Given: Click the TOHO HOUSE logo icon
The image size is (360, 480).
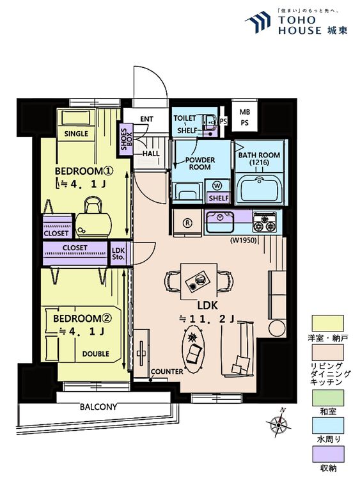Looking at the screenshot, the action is tap(258, 22).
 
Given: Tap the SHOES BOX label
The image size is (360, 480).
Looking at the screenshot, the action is tap(126, 139).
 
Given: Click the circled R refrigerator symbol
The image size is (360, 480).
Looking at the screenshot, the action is tap(187, 223).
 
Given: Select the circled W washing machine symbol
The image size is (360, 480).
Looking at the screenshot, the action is tap(217, 186).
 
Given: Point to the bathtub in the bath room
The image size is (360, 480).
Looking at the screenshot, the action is tap(260, 190).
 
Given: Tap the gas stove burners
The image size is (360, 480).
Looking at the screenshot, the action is tap(264, 222).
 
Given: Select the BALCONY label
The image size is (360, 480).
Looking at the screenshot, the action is tap(98, 407).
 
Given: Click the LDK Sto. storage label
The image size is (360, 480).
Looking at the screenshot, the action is tap(118, 254).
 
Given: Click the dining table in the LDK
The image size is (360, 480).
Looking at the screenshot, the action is tap(198, 282).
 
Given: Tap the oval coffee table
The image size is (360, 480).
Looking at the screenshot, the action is tap(194, 348).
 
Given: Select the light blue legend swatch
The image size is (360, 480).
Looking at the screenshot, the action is tap(327, 426).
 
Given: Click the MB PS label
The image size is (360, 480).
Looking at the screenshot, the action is tap(244, 117).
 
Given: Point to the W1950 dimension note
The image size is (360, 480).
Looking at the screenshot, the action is tap(243, 240).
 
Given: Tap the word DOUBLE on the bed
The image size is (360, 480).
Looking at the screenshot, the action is tap(95, 354).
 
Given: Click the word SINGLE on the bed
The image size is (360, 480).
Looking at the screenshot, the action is tap(76, 134).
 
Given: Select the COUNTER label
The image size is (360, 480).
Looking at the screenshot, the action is tap(167, 372).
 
